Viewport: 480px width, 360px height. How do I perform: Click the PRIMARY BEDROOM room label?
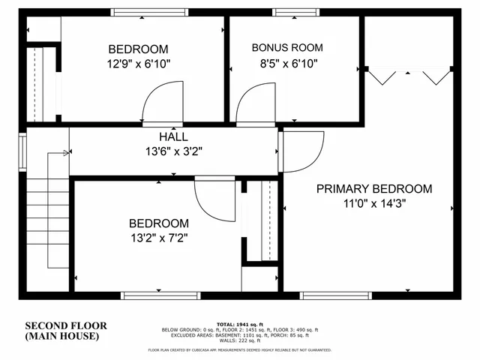373,188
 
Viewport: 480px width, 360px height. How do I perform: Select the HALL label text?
173,137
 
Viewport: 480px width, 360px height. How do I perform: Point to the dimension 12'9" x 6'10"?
138,64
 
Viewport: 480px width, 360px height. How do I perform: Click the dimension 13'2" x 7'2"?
158,238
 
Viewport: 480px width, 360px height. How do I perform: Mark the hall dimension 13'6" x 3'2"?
173,151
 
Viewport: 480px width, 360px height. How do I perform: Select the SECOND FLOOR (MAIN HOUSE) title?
66,331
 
